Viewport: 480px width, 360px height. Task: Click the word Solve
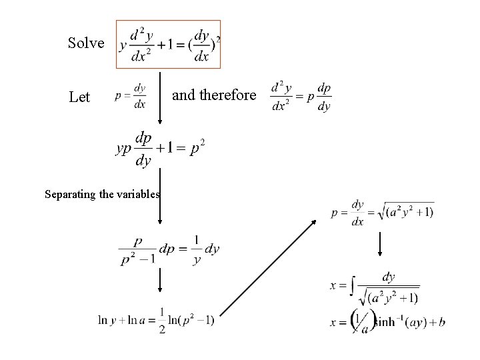86,43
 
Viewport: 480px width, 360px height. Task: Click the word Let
79,97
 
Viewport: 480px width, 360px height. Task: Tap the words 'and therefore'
214,95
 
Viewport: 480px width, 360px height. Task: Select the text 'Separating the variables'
102,195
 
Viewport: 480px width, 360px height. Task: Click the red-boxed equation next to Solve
169,44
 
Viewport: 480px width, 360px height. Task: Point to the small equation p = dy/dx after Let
131,95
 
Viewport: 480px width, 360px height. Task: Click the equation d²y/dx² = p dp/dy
301,97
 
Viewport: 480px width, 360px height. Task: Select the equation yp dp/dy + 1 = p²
160,147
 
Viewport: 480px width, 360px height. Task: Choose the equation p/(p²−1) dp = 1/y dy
169,250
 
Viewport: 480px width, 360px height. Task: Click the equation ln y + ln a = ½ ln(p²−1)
156,321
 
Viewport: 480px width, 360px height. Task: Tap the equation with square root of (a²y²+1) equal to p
382,213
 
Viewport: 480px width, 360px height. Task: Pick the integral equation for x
375,286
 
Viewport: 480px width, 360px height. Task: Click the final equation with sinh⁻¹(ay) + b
387,323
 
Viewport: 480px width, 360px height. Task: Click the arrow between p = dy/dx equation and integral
379,245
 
